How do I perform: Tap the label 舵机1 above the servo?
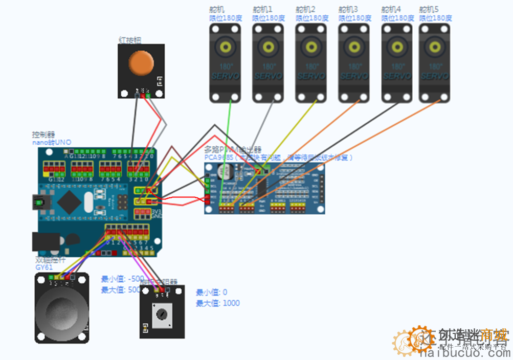tap(262, 9)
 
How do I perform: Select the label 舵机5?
tap(429, 9)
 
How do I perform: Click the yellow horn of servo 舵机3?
tap(354, 48)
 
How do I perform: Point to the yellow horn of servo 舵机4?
tap(397, 48)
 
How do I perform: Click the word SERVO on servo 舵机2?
tap(311, 76)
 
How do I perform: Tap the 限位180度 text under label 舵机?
tap(226, 18)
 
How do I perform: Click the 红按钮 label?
tap(130, 39)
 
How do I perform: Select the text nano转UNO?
tap(52, 142)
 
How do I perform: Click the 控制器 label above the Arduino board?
tap(43, 134)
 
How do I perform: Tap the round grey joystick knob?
tap(61, 310)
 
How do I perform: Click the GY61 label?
tap(44, 267)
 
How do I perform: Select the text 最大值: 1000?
tap(217, 303)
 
